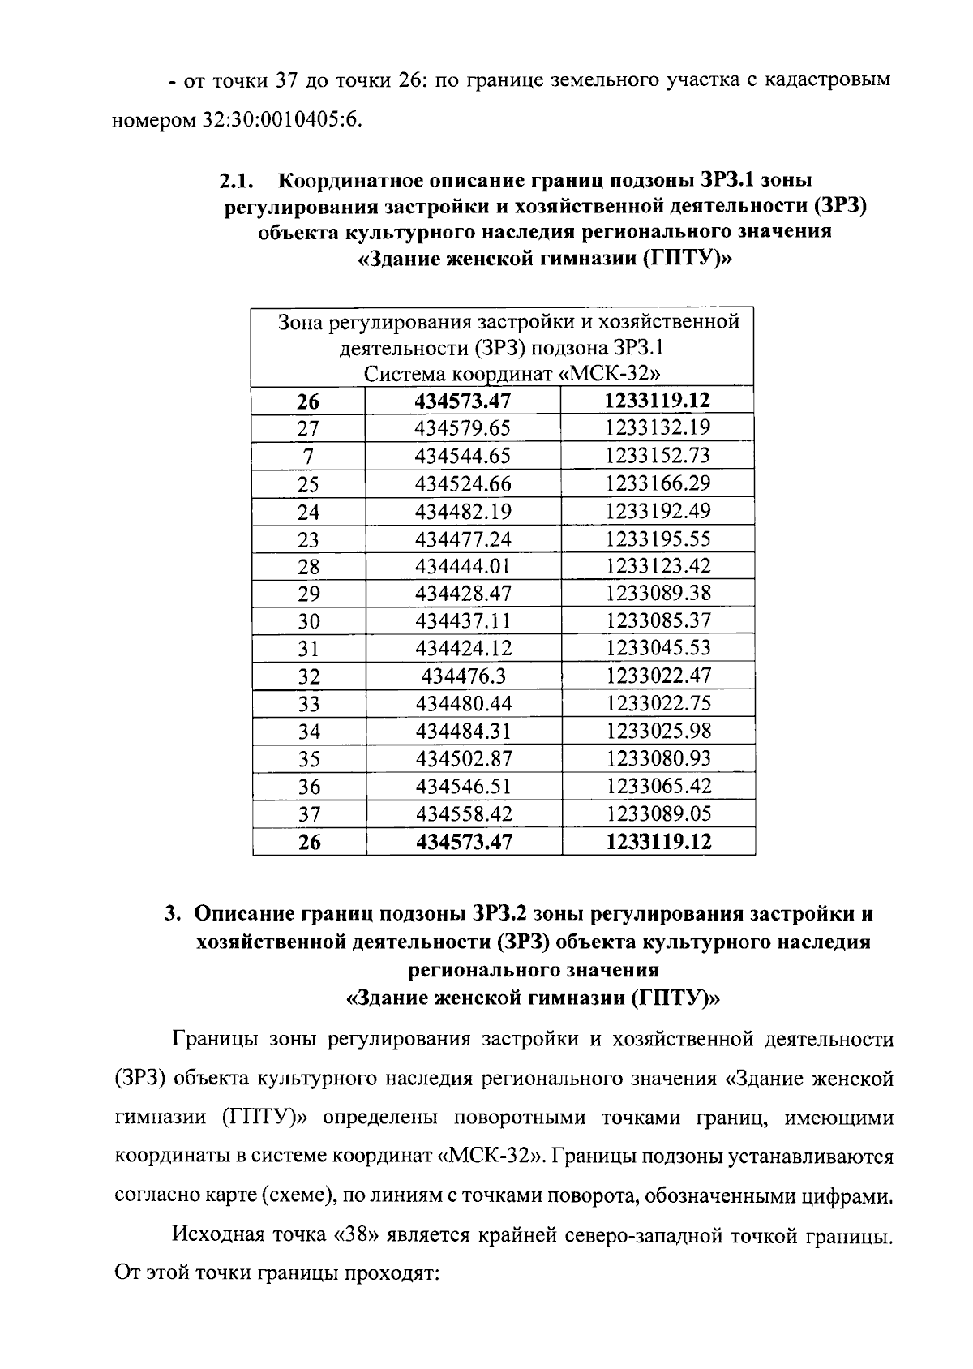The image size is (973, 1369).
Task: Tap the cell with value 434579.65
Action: point(463,428)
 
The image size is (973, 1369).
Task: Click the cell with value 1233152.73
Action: point(658,456)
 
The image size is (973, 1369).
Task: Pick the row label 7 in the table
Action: point(308,457)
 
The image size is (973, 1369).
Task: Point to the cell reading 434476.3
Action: point(463,676)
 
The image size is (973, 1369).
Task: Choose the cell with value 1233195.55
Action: point(658,539)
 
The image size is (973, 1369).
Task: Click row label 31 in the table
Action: point(308,649)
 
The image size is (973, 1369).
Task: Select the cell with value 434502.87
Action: point(463,759)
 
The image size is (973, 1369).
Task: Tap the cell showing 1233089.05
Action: point(658,813)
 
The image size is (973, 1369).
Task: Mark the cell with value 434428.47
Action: point(463,594)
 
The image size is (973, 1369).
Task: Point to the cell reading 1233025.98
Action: point(658,732)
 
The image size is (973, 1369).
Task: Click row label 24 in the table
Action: point(308,512)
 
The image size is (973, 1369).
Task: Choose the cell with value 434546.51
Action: point(463,787)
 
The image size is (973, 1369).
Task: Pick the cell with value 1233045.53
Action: point(658,649)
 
